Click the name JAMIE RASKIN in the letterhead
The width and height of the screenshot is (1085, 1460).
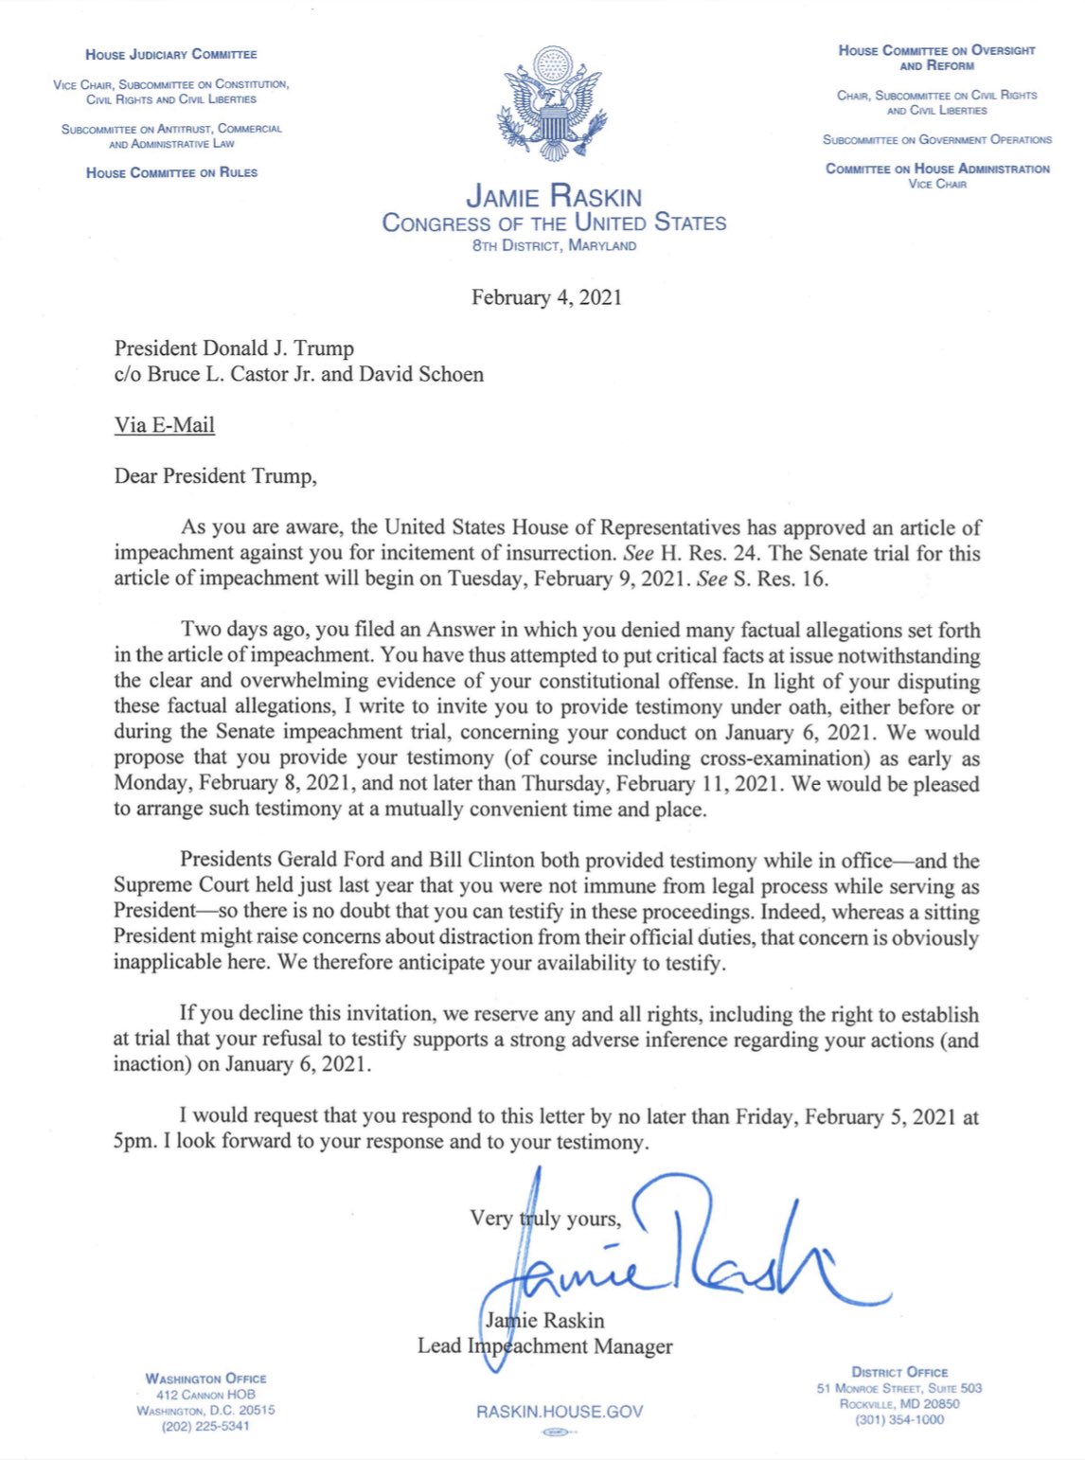coord(554,196)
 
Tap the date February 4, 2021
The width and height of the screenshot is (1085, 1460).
coord(546,297)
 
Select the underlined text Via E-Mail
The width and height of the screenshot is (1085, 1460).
coord(165,424)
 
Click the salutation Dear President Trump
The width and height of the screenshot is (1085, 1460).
coord(215,475)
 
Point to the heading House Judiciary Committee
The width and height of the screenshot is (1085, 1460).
coord(171,55)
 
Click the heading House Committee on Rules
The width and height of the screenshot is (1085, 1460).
coord(171,172)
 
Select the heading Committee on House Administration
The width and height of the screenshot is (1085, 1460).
coord(937,169)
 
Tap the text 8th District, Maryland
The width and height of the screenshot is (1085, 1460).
coord(554,245)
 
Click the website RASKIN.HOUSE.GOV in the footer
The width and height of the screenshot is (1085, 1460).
coord(560,1412)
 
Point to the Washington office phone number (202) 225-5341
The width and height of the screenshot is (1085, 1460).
coord(205,1426)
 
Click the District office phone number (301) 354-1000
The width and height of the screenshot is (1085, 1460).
coord(899,1419)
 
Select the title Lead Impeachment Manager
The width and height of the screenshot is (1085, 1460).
coord(545,1345)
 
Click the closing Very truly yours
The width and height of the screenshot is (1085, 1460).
coord(545,1219)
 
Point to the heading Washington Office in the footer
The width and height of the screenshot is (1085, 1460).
coord(205,1379)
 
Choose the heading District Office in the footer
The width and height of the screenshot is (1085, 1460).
coord(899,1372)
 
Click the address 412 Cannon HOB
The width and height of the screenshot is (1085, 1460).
coord(205,1395)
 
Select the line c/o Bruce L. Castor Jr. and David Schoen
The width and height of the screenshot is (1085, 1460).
coord(298,374)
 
